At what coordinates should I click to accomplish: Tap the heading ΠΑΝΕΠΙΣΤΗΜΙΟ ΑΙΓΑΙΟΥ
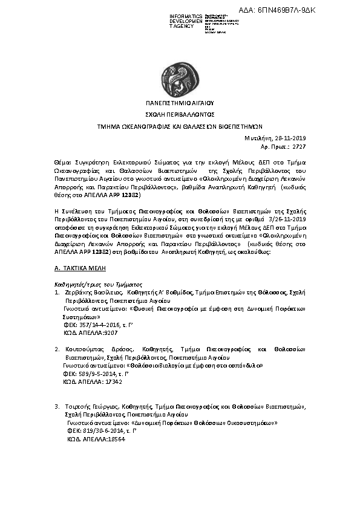point(180,103)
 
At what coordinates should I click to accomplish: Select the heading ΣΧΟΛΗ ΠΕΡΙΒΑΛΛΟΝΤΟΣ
point(180,114)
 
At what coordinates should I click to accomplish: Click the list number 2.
point(56,349)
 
